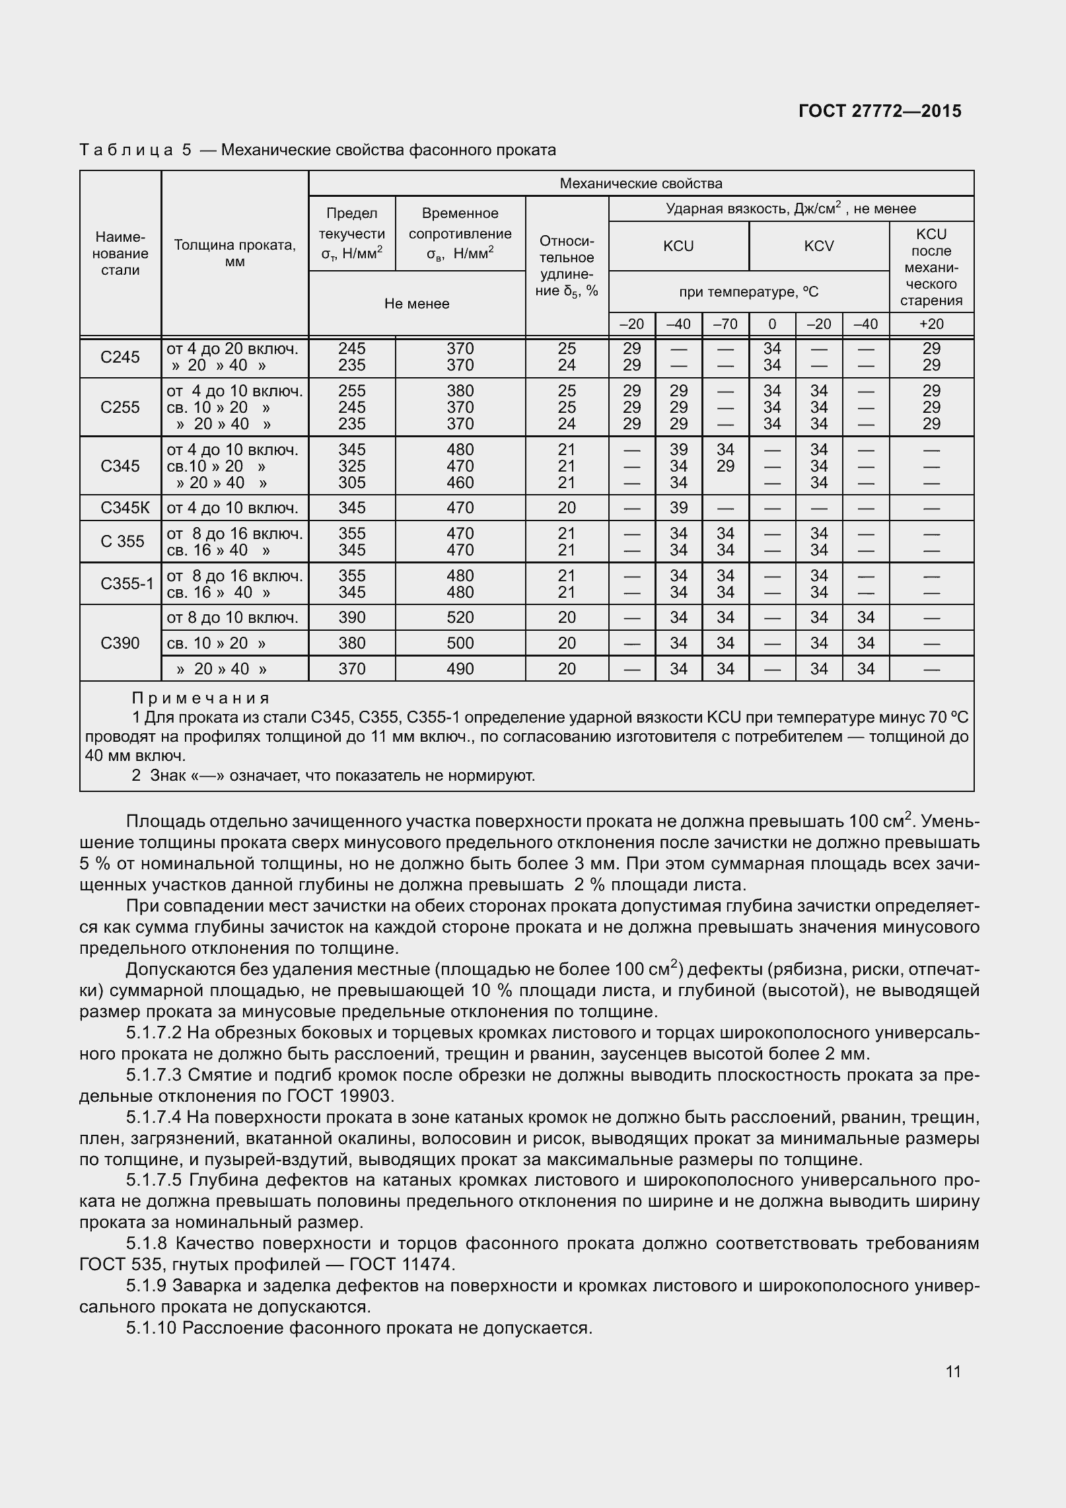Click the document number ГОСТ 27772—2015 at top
[x=880, y=111]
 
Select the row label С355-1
[x=127, y=584]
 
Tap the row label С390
[x=120, y=643]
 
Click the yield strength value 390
[x=351, y=618]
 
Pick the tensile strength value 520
[x=460, y=618]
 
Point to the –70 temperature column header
[x=725, y=324]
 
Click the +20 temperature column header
[x=931, y=324]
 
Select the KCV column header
[x=819, y=246]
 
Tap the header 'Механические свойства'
[x=641, y=184]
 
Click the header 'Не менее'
[x=417, y=304]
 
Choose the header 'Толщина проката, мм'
[x=234, y=253]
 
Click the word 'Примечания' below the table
[x=201, y=698]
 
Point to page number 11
[x=953, y=1371]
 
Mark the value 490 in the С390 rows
[x=460, y=669]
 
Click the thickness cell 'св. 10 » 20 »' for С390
[x=217, y=643]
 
